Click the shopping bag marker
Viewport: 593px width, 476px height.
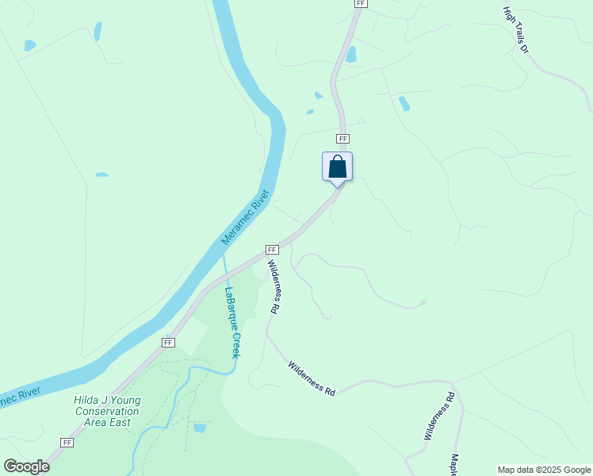(337, 167)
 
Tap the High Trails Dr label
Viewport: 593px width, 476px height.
(515, 30)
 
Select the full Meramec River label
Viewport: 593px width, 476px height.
(246, 217)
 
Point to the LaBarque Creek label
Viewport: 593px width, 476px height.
(231, 322)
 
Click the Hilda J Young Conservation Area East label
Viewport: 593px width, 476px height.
(106, 412)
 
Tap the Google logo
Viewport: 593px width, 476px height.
(26, 466)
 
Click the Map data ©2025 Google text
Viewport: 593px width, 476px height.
(544, 470)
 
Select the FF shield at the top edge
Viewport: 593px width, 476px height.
(361, 4)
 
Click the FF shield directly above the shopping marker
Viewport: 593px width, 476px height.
(342, 139)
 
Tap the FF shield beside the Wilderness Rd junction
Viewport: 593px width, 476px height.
(271, 249)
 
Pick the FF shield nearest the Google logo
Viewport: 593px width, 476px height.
(67, 442)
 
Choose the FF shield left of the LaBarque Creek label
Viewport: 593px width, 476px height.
(168, 342)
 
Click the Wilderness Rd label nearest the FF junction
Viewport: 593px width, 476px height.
(274, 287)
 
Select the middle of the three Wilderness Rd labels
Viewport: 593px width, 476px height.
(312, 378)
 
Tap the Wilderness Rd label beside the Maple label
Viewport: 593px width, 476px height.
(438, 416)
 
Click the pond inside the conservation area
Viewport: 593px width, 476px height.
(200, 428)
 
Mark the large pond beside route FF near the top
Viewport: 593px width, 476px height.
(350, 55)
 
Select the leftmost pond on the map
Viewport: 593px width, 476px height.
(29, 45)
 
